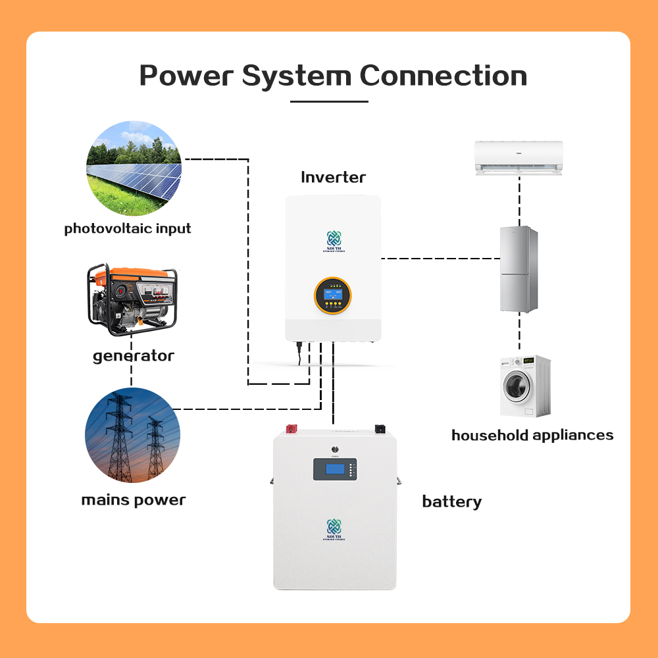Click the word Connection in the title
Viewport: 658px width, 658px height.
(443, 76)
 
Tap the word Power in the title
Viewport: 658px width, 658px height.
(186, 76)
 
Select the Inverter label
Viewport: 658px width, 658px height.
(333, 177)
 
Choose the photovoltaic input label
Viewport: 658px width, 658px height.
(128, 229)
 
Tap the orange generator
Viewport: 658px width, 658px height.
(132, 295)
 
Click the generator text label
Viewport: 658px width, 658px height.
(134, 356)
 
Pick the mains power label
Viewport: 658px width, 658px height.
(134, 500)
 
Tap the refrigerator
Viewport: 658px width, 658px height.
(519, 268)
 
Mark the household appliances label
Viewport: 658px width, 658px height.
(532, 435)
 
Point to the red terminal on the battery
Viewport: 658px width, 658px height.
(290, 430)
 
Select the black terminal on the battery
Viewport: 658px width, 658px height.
(380, 430)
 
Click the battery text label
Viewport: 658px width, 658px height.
(451, 502)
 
